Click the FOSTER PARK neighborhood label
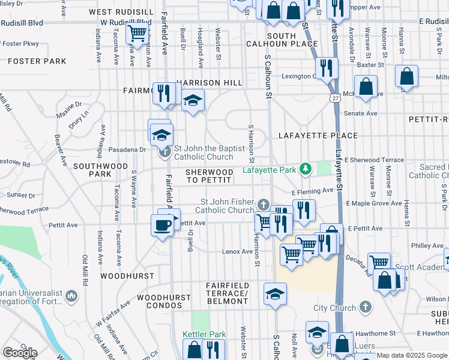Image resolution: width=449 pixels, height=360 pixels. click(x=37, y=61)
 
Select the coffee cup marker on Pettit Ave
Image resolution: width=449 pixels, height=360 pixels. click(x=162, y=226)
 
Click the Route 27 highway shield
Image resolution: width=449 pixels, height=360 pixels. click(x=334, y=97)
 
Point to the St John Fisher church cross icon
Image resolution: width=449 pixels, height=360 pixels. click(x=263, y=205)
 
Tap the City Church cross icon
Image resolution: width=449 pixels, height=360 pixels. click(x=366, y=308)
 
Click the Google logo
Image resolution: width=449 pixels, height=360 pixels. click(x=20, y=353)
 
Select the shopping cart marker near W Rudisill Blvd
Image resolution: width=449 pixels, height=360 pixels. click(x=137, y=33)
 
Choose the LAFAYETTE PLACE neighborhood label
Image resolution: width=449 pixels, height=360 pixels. click(x=318, y=136)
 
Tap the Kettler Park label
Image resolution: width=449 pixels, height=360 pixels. click(x=204, y=334)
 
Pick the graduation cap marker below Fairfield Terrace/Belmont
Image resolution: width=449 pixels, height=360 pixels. click(x=275, y=294)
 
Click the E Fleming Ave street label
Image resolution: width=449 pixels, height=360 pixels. click(x=312, y=191)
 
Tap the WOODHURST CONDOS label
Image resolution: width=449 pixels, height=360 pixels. click(x=159, y=301)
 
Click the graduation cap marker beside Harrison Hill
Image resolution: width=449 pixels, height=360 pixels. click(x=193, y=100)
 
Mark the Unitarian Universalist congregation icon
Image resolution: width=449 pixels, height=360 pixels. click(x=71, y=295)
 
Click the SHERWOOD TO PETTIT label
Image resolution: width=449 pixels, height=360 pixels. click(x=209, y=176)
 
